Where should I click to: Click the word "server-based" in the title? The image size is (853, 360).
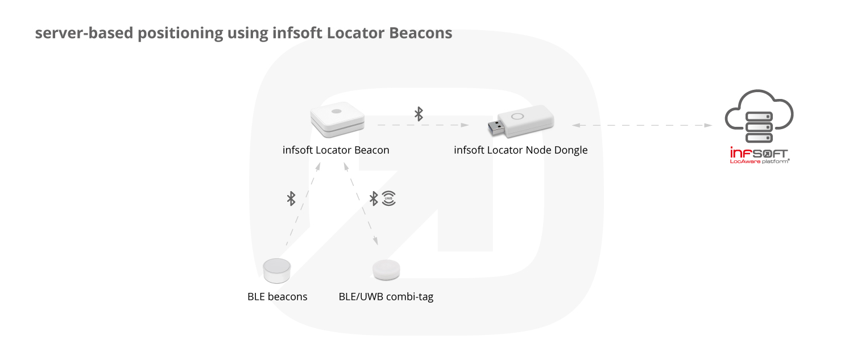(84, 33)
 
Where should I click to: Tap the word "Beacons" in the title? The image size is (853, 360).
(421, 33)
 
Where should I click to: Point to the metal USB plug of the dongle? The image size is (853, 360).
(496, 126)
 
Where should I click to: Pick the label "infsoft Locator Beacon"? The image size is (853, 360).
(336, 151)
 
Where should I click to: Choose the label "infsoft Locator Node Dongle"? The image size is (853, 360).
(520, 151)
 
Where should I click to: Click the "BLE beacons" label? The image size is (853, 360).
(278, 297)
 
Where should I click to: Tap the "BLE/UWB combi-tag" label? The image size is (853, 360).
(386, 297)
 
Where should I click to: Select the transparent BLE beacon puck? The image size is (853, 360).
(278, 270)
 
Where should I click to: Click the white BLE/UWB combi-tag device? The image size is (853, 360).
(386, 270)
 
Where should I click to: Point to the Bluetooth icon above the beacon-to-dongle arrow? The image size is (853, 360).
(419, 114)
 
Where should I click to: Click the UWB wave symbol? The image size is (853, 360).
(389, 198)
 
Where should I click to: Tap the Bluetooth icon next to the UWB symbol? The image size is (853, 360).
(374, 198)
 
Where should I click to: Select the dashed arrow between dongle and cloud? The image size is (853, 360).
(642, 125)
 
